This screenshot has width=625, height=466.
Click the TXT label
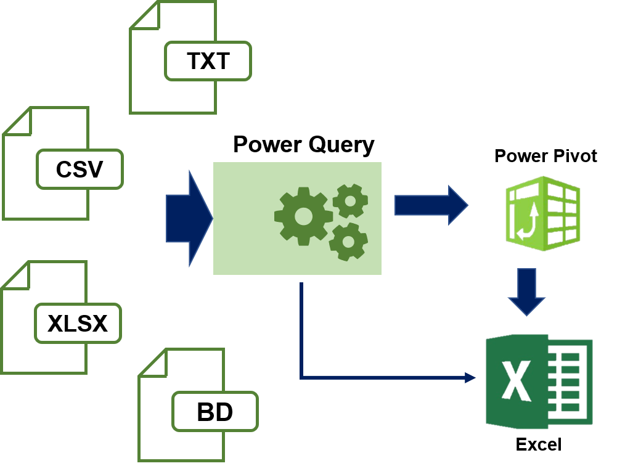208,61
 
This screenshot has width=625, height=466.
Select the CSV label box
80,169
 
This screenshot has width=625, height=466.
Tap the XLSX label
78,323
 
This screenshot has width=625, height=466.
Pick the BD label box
214,412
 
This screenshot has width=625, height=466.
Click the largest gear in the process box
303,216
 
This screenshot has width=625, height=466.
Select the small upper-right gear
350,200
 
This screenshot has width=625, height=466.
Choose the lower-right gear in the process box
348,241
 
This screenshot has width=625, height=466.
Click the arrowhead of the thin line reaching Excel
470,377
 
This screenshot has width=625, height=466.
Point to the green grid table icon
543,214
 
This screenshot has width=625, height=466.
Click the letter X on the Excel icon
516,381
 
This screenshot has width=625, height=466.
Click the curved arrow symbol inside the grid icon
528,223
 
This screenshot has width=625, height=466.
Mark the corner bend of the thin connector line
301,377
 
